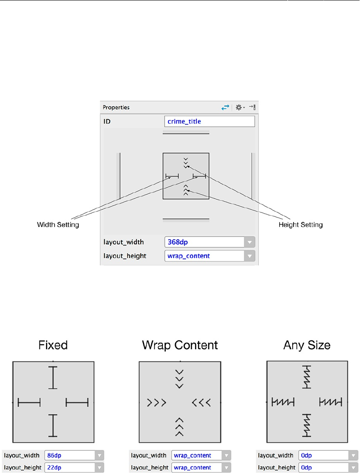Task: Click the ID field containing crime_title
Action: [x=209, y=122]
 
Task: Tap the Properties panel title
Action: [x=116, y=107]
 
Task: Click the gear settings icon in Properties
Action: [x=239, y=107]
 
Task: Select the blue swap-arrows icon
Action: [x=225, y=107]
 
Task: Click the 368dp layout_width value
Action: [x=204, y=242]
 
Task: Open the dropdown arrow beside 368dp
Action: [x=250, y=242]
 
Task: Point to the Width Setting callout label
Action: [x=58, y=225]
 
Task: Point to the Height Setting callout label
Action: [x=301, y=225]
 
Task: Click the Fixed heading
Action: [x=53, y=345]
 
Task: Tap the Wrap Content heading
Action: [x=180, y=345]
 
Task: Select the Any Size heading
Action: [x=307, y=345]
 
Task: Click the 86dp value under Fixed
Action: [x=69, y=456]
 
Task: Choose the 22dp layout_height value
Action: [x=69, y=467]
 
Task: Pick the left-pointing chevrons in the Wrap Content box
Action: [x=201, y=403]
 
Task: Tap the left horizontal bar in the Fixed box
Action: [x=29, y=403]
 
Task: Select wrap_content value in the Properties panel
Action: [x=204, y=256]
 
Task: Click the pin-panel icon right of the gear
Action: [x=252, y=107]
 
